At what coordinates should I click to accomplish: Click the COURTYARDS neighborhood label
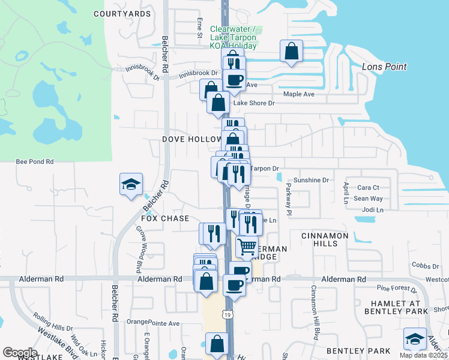tap(122, 13)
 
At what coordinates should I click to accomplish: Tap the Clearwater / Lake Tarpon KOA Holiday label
tap(234, 37)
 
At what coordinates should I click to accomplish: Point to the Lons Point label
tap(384, 67)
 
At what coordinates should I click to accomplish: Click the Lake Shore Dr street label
tap(253, 103)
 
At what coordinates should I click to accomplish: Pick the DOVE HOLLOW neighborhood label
tap(192, 139)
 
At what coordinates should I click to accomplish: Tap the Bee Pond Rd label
tap(35, 162)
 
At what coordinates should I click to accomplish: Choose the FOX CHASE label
tap(166, 218)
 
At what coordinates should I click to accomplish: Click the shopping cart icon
tap(247, 246)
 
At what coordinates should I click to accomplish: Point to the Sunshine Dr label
tap(312, 180)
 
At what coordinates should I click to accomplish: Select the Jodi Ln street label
tap(372, 210)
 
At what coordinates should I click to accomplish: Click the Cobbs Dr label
tap(426, 265)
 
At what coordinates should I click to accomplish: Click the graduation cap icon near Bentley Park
tap(415, 339)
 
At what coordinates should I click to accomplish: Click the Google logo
tap(20, 352)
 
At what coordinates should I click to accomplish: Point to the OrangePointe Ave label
tap(153, 322)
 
